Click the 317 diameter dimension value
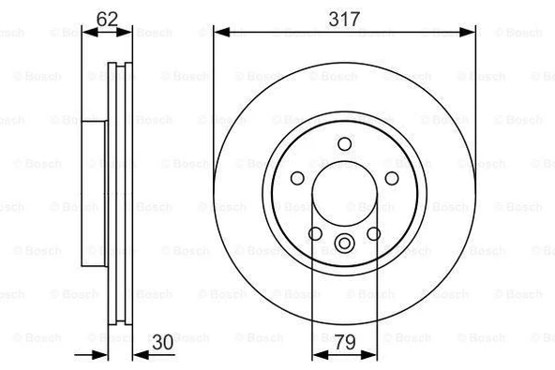click(x=343, y=16)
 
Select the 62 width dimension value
click(x=107, y=16)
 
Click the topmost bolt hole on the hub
click(x=344, y=143)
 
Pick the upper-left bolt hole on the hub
click(x=297, y=178)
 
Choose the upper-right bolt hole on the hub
click(x=391, y=178)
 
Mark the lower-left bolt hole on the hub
click(x=315, y=233)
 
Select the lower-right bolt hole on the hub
click(x=373, y=233)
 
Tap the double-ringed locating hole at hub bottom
click(x=344, y=245)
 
